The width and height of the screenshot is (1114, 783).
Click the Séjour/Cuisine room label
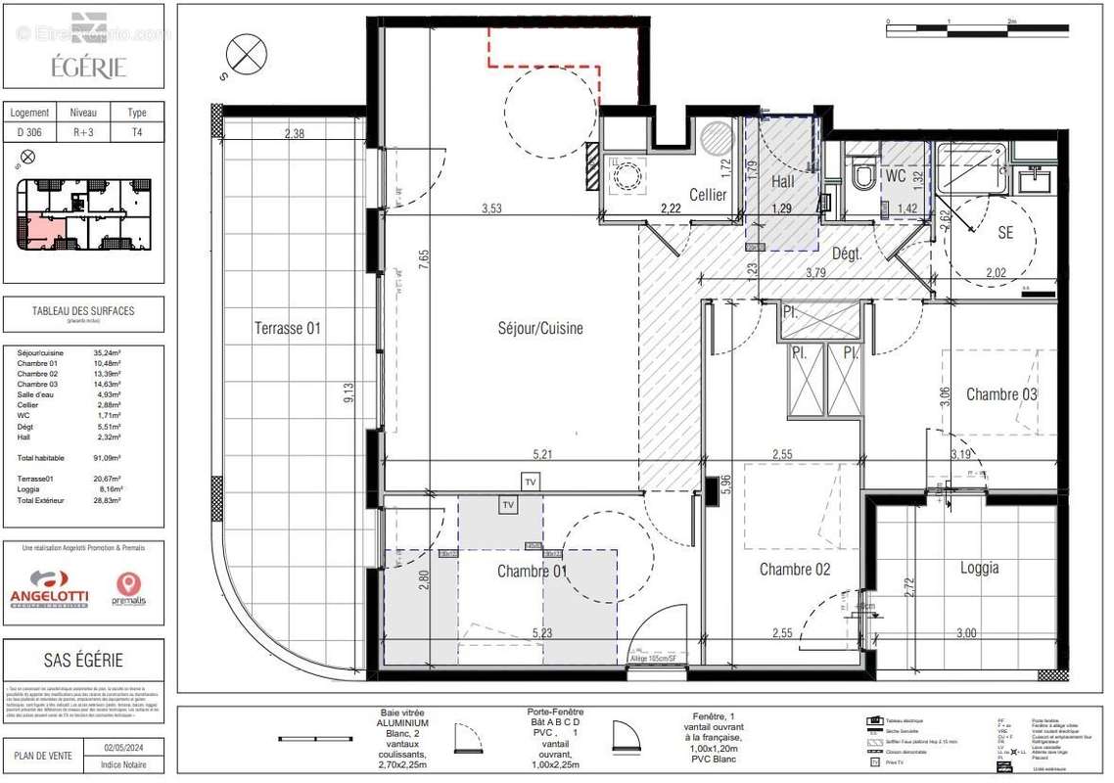point(540,329)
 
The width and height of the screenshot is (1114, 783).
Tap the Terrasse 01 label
point(287,328)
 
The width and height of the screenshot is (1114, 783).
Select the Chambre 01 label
point(532,571)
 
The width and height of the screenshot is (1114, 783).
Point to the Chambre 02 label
point(794,570)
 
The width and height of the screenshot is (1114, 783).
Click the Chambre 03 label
point(1001,394)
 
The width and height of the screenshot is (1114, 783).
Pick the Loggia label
point(979,568)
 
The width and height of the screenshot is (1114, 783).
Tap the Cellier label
point(708,195)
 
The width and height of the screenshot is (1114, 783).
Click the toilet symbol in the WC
point(862,177)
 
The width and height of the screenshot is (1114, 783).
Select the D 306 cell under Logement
point(28,132)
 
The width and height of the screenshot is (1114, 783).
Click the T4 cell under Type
point(137,132)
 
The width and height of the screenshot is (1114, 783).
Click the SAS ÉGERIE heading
point(82,660)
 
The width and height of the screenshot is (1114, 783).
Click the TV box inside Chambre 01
point(507,505)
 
